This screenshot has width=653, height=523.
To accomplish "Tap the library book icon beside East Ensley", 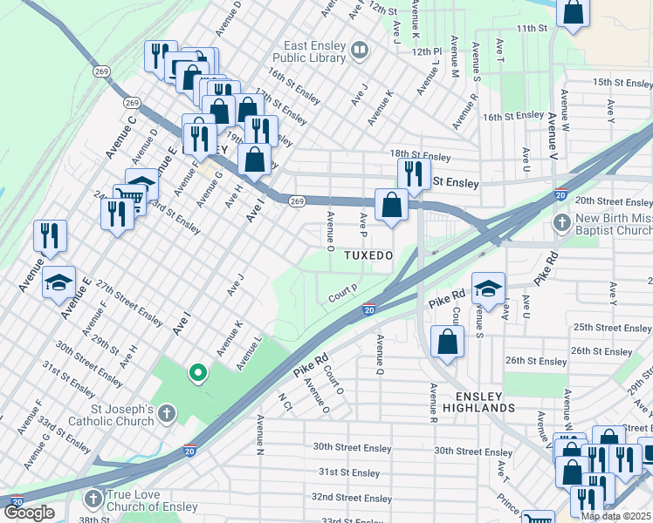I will point(359,51).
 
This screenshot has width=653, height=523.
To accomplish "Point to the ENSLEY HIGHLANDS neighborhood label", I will point(478,400).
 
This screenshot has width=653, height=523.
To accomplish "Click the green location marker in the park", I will point(198,373).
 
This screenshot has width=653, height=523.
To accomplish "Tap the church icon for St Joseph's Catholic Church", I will point(167,415).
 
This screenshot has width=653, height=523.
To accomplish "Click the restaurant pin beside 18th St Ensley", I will point(414,173).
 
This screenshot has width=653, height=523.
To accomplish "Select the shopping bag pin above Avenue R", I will point(447,342).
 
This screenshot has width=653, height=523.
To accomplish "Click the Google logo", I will point(29,513).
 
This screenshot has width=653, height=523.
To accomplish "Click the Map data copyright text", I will point(615,516).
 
